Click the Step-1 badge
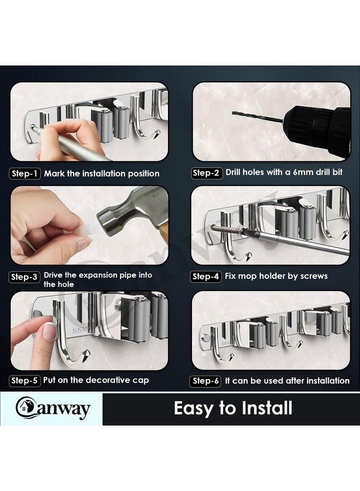(25, 174)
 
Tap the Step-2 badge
(206, 173)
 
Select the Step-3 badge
(25, 277)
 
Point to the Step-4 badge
(206, 277)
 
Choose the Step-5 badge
(25, 381)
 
